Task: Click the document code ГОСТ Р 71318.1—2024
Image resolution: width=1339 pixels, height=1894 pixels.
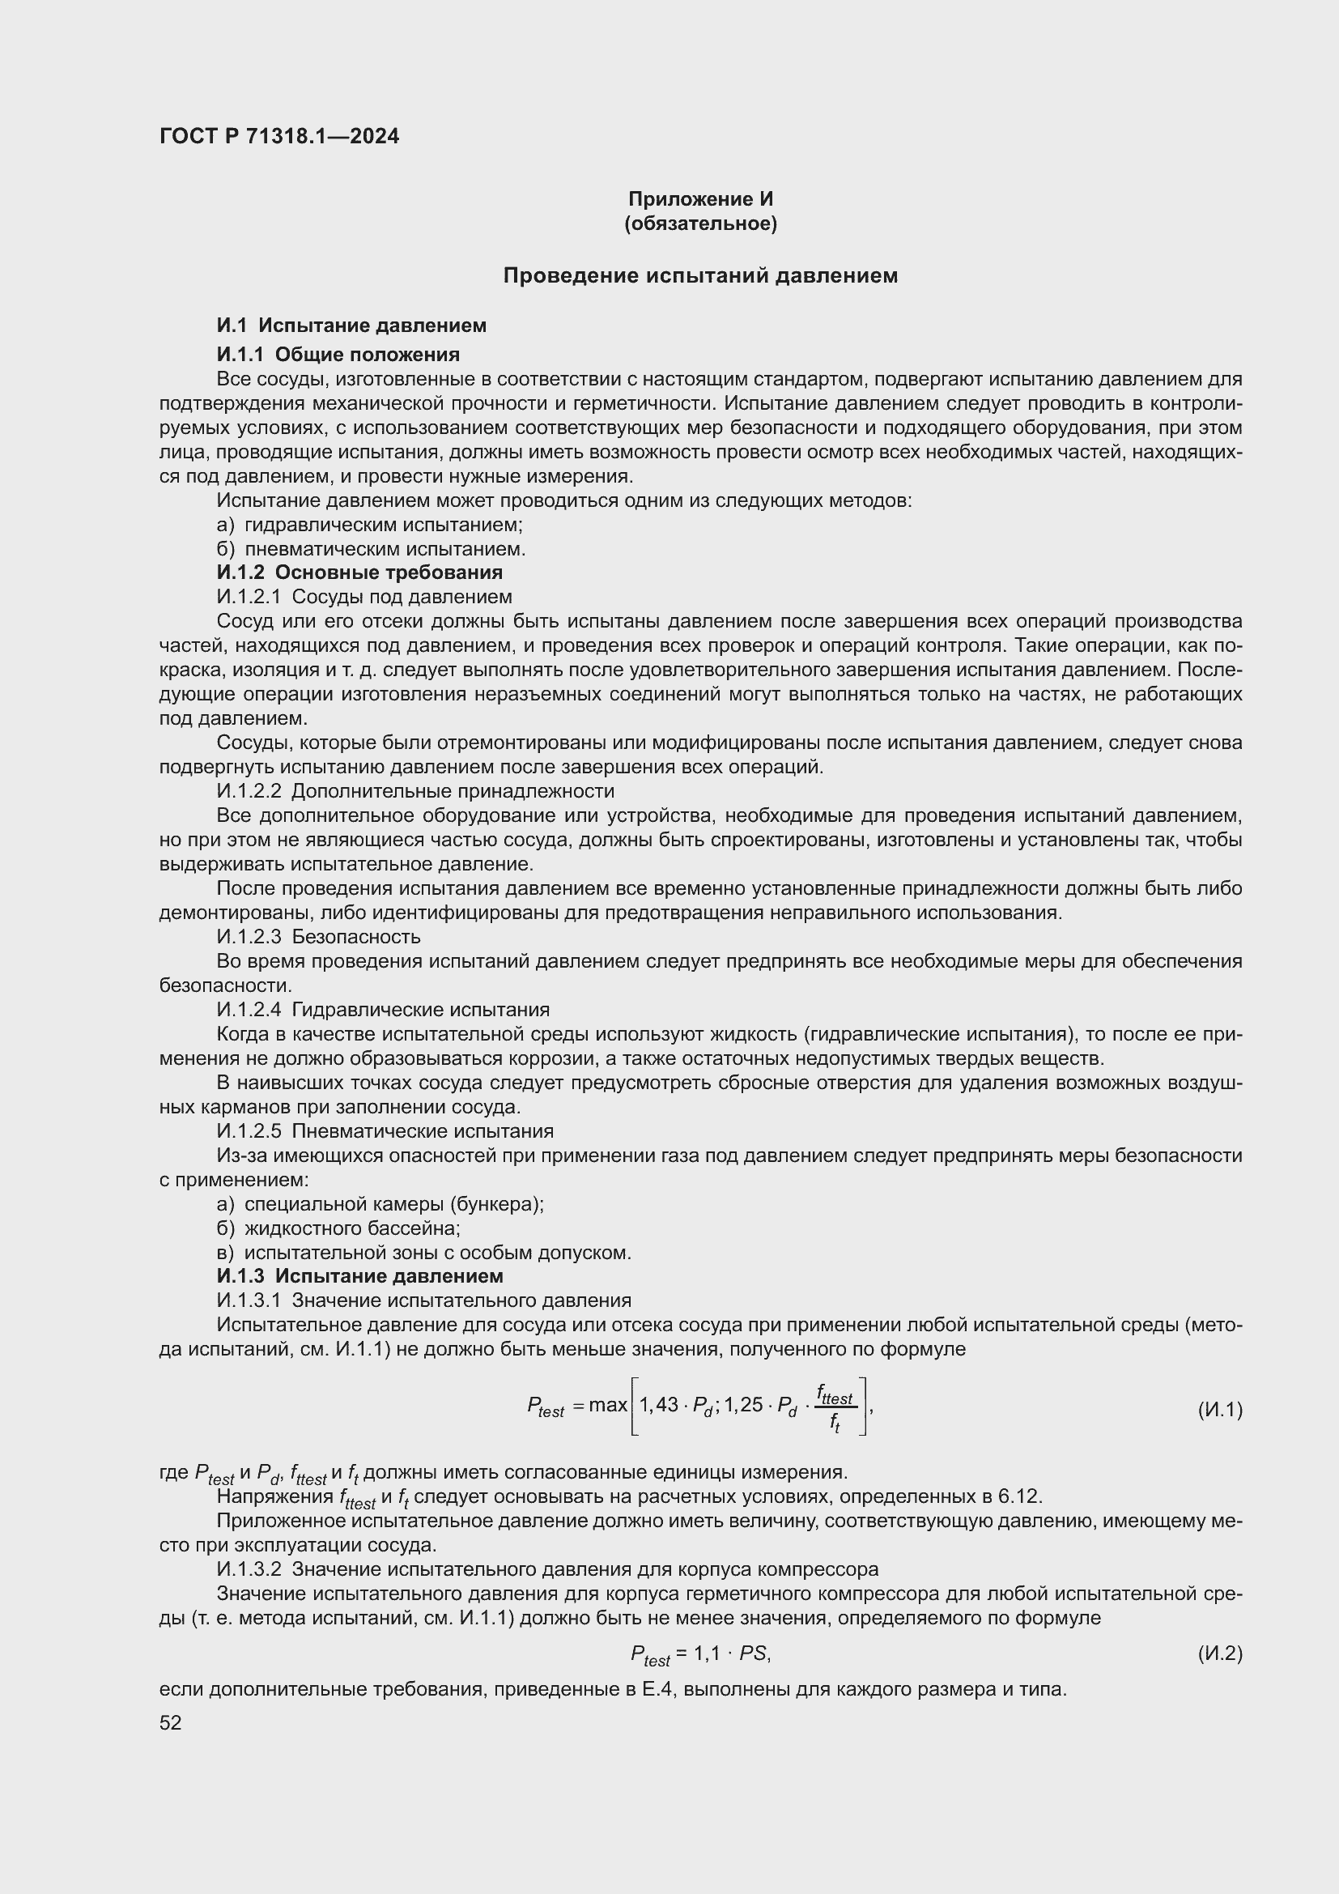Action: pos(278,136)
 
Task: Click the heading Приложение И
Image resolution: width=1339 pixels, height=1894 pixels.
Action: pos(700,199)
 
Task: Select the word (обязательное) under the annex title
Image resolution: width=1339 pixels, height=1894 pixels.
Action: pos(700,223)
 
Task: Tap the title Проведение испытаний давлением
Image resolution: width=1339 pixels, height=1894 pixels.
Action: pos(700,275)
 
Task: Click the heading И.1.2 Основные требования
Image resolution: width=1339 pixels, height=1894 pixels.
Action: pos(359,572)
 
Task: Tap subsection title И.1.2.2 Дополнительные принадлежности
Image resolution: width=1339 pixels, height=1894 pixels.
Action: pos(415,791)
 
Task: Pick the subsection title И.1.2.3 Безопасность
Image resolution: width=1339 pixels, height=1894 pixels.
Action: pos(318,936)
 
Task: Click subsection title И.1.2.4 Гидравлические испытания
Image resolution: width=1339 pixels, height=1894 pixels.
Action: pos(383,1010)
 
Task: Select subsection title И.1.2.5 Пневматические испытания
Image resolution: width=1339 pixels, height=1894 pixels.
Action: pos(385,1131)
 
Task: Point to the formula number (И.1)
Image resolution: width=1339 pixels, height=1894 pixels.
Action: pos(1219,1410)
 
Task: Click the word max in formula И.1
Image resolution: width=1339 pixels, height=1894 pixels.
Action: pos(609,1405)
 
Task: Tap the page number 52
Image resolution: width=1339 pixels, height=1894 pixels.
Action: pos(171,1722)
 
